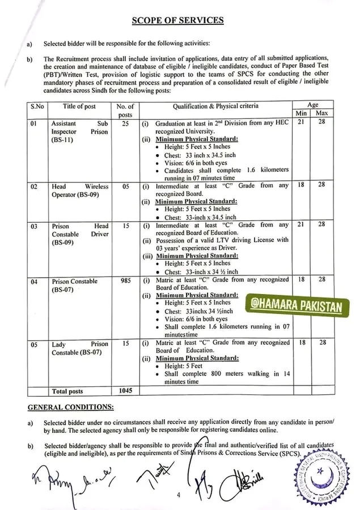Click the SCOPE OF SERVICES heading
point(177,20)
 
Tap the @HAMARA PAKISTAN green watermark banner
point(295,307)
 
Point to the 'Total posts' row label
point(67,391)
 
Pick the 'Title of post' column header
point(79,107)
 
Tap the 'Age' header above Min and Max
point(313,104)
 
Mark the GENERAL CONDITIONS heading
point(70,407)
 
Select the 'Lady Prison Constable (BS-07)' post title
point(79,348)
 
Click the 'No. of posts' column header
point(125,110)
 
